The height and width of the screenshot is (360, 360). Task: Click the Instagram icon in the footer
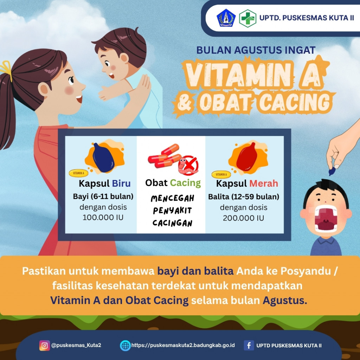45,345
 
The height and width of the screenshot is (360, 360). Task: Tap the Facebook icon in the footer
249,345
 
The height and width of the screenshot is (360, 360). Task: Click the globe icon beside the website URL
125,345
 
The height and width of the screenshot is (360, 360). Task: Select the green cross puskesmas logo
247,18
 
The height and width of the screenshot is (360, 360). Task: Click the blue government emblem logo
226,18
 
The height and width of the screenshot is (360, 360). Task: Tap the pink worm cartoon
184,167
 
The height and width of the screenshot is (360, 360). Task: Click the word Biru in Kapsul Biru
121,183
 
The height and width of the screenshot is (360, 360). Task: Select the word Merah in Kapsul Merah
264,183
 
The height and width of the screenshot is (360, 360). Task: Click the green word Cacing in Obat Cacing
185,183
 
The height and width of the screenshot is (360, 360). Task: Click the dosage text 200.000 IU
243,218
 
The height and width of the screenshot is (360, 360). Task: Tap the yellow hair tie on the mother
6,69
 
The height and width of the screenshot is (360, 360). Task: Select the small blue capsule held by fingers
332,171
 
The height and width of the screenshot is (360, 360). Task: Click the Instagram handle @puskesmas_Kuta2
76,345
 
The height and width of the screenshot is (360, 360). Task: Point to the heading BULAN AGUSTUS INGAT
256,50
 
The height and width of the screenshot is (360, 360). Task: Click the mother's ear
44,90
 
